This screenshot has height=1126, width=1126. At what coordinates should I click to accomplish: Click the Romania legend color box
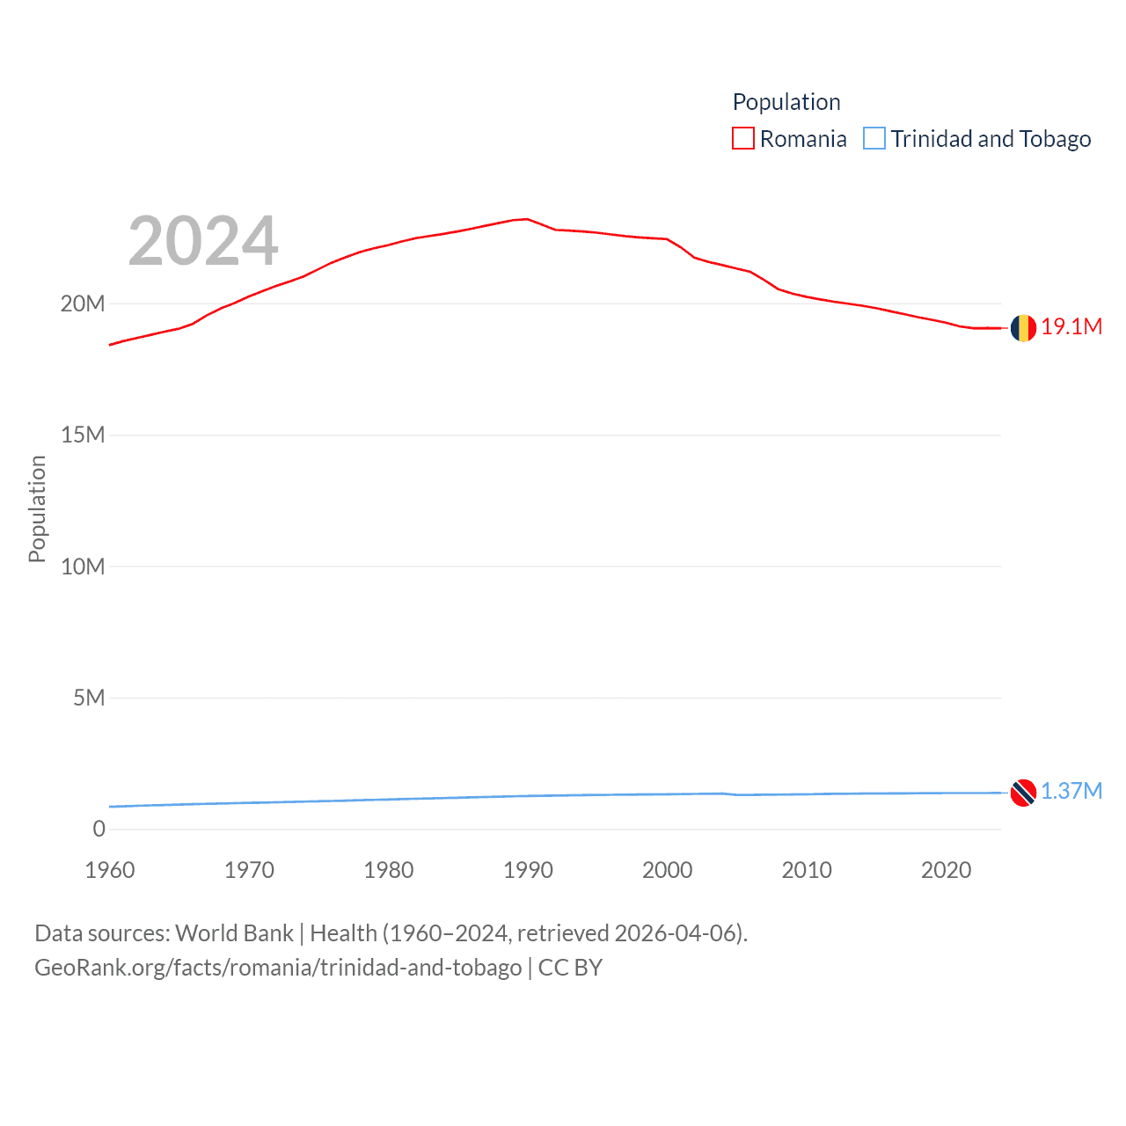[743, 139]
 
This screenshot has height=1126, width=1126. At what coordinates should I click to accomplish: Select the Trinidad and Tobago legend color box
[874, 139]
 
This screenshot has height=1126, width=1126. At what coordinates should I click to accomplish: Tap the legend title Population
[786, 102]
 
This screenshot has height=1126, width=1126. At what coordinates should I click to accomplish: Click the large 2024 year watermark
[203, 241]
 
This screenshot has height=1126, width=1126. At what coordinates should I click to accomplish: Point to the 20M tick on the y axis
[83, 304]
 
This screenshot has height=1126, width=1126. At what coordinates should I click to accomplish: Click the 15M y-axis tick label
[83, 435]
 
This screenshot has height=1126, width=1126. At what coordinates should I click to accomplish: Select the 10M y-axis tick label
[83, 567]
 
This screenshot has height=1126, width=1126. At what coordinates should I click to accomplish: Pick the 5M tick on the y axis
[89, 698]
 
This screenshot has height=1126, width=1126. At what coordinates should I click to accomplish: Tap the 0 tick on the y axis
[99, 829]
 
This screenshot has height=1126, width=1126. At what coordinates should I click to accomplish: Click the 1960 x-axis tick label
[110, 870]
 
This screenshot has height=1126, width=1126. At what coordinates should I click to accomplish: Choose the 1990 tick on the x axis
[528, 870]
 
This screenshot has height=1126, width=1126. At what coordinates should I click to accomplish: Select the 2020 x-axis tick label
[946, 870]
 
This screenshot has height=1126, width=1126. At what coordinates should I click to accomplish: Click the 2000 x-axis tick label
[668, 870]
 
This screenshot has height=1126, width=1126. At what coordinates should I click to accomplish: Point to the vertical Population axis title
[37, 508]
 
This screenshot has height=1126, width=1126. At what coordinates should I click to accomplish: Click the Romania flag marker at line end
[1023, 328]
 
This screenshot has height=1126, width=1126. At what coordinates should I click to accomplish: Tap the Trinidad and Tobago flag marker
[1023, 793]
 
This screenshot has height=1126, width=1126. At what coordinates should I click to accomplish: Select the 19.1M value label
[1071, 326]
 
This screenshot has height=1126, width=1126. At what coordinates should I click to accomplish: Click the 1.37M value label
[1071, 791]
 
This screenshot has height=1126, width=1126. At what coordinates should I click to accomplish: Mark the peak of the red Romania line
[526, 219]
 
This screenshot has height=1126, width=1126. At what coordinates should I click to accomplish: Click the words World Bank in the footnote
[235, 932]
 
